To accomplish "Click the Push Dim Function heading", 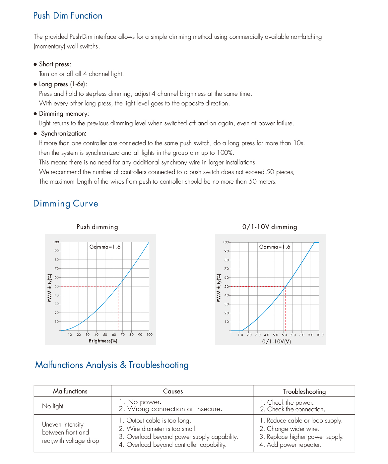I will tap(68, 16).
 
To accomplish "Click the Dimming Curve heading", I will tap(66, 203).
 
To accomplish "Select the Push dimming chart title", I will tap(97, 227).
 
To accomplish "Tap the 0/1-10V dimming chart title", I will tap(270, 227).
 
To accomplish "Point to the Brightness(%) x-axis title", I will tap(103, 341).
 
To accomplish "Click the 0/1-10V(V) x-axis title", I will tap(277, 341).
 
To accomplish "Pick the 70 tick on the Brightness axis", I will tap(123, 335).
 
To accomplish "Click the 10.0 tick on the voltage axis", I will tap(320, 335).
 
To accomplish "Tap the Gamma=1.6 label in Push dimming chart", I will tap(105, 247).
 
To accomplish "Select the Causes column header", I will tap(173, 391).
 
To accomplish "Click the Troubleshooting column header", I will tap(304, 392).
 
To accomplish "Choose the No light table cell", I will tap(53, 406).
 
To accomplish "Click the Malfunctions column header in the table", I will tap(70, 391).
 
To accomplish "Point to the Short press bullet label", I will tap(55, 64).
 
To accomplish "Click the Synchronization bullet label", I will tap(64, 134).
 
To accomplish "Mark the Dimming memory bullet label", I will tap(64, 114).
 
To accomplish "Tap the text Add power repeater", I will tap(294, 445).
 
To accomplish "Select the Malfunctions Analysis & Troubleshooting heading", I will tap(112, 365).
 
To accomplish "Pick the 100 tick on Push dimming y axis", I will tap(56, 242).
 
